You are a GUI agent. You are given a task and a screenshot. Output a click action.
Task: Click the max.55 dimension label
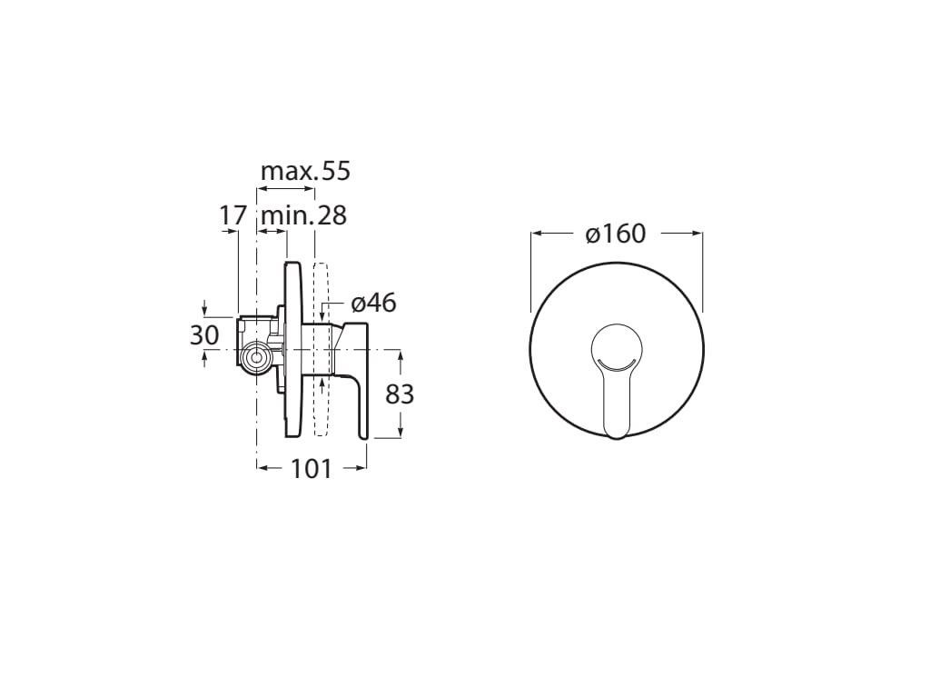point(305,171)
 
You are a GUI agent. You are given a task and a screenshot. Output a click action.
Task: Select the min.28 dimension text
point(303,216)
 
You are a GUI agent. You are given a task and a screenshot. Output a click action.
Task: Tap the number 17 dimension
point(233,216)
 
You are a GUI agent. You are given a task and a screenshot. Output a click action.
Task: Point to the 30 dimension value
point(204,334)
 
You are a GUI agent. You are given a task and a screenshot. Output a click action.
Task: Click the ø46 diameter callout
point(374,303)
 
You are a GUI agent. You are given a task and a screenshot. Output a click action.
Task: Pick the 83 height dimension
point(400,394)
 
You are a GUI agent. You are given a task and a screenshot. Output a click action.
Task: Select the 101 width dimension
point(311,469)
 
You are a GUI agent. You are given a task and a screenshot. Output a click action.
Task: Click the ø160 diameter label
point(616,234)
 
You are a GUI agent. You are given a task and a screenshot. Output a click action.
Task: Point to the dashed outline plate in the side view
point(319,350)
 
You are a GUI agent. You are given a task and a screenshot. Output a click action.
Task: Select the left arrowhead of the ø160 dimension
point(536,234)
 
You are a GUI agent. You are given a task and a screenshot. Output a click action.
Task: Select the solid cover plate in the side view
point(292,350)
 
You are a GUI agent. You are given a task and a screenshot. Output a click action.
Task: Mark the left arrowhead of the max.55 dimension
point(262,189)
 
